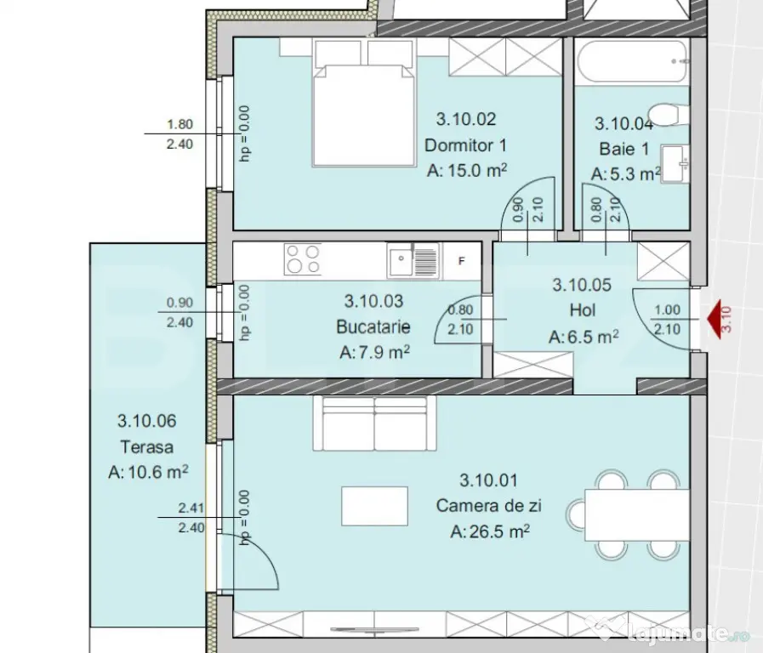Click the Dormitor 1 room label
[x=465, y=145]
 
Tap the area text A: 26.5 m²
[x=490, y=531]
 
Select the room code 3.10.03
[x=373, y=302]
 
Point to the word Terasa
[x=147, y=447]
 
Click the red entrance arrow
[x=715, y=320]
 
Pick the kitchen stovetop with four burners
[x=303, y=259]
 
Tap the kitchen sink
[x=413, y=261]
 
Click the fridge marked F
[x=461, y=261]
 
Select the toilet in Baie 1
[x=669, y=114]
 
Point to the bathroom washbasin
[x=675, y=164]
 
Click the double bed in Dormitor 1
[x=364, y=104]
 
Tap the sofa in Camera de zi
[x=374, y=423]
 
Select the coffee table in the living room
[x=374, y=506]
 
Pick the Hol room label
[x=583, y=310]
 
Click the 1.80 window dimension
[x=180, y=124]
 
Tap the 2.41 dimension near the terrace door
[x=191, y=508]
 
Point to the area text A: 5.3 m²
[x=626, y=173]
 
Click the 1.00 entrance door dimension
[x=667, y=310]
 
